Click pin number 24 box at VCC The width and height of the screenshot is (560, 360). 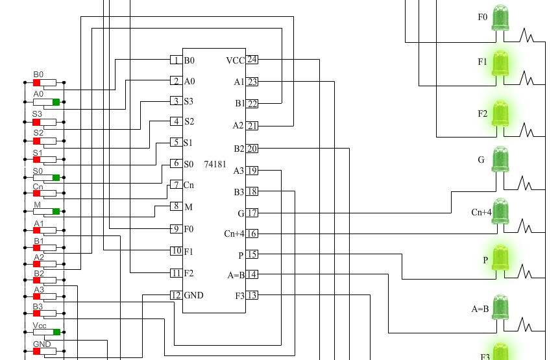[x=252, y=60]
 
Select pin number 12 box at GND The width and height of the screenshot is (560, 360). [x=175, y=295]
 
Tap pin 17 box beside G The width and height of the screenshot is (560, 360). [x=252, y=213]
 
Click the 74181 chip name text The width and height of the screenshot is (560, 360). [x=215, y=165]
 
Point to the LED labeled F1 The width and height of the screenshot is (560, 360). [x=500, y=64]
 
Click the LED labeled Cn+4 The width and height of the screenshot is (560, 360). [x=500, y=211]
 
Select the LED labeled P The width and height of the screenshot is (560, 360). [x=500, y=258]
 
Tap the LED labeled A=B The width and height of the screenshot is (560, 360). [x=500, y=307]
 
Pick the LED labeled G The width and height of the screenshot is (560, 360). [x=500, y=159]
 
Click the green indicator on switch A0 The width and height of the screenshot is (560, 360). [x=56, y=102]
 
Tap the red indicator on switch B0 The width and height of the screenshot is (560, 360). [x=37, y=82]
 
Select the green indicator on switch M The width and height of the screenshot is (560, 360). [x=56, y=211]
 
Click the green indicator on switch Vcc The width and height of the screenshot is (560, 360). [x=56, y=332]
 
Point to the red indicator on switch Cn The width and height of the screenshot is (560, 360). [x=37, y=193]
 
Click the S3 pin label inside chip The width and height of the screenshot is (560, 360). [x=188, y=101]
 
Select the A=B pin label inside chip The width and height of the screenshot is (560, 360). [x=236, y=275]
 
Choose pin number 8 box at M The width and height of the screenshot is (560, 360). [x=175, y=206]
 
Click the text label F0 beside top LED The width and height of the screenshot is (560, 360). [x=482, y=17]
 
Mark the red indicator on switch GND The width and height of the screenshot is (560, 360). [x=37, y=351]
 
